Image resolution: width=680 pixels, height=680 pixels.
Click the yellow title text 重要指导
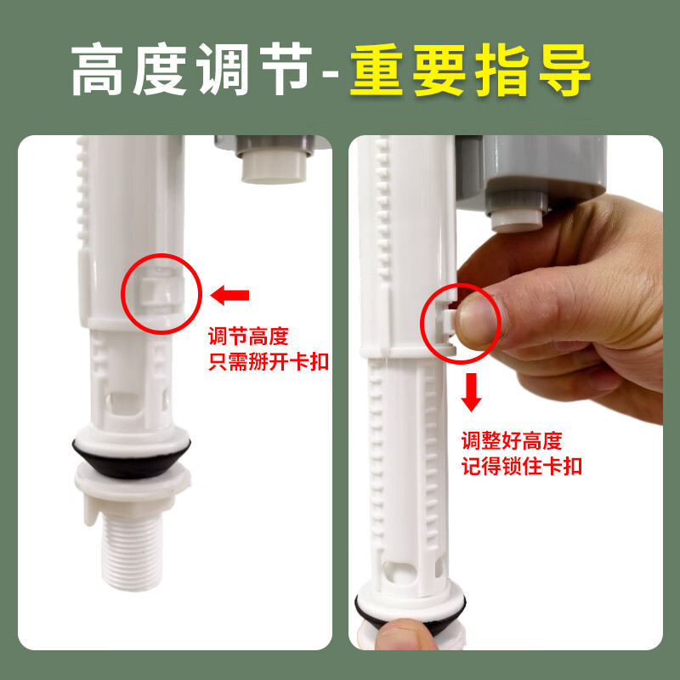pos(470,70)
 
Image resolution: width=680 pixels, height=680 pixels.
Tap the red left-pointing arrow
pos(230,295)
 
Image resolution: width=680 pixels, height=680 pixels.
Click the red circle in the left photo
pos(161,293)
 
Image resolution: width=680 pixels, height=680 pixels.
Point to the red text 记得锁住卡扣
pos(522,467)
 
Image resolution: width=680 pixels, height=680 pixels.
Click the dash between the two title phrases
pos(333,75)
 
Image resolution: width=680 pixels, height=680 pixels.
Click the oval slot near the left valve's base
pos(124,400)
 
